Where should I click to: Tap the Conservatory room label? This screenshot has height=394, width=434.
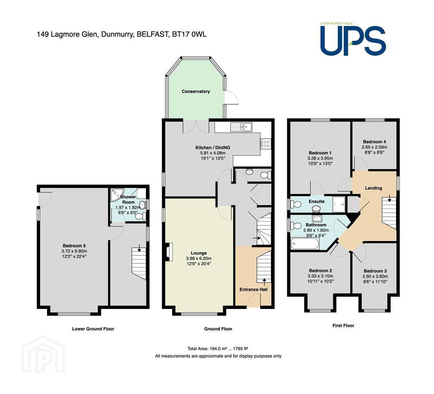tap(196, 92)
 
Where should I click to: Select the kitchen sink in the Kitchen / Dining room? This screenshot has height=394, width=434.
tap(241, 127)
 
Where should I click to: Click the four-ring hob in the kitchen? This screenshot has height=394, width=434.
tap(266, 144)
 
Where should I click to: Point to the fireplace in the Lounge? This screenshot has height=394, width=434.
tap(169, 252)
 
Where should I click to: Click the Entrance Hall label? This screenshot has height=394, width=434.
tap(253, 289)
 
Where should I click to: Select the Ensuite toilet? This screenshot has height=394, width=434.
tap(296, 205)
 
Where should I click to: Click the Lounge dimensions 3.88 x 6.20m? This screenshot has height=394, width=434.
tap(199, 258)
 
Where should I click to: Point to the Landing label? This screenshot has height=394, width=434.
tap(374, 188)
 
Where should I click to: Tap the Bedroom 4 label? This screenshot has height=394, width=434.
tap(375, 142)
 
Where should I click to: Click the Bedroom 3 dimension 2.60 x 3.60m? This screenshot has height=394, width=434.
tap(375, 276)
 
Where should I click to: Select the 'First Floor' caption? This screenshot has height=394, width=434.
tap(343, 325)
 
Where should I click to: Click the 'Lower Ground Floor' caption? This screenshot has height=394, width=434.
tap(93, 329)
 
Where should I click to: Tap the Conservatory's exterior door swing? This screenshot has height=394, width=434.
tap(232, 98)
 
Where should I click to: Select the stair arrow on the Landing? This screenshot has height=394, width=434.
tap(390, 198)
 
